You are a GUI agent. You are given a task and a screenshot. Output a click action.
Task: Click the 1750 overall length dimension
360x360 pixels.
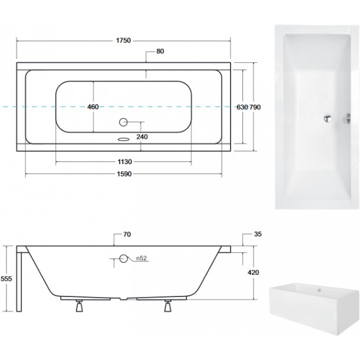[x=124, y=41]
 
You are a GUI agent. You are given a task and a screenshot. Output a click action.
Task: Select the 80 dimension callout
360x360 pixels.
[x=160, y=51]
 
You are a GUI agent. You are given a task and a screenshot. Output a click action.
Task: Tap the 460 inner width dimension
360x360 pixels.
[x=93, y=106]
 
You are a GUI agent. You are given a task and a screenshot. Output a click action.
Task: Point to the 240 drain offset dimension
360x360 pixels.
[x=142, y=137]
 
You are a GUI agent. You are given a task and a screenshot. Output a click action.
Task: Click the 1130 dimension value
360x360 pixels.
[x=125, y=162]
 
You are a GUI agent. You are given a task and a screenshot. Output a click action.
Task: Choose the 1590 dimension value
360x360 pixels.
[x=124, y=174]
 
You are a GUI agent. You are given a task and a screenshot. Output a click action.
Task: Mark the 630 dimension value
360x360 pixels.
[x=242, y=107]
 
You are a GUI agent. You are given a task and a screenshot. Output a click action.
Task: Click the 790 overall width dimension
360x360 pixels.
[x=255, y=107]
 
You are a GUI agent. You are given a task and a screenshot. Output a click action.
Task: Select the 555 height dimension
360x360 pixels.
[x=6, y=279]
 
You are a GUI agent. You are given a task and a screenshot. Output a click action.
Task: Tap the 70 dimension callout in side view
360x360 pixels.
[x=127, y=234]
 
